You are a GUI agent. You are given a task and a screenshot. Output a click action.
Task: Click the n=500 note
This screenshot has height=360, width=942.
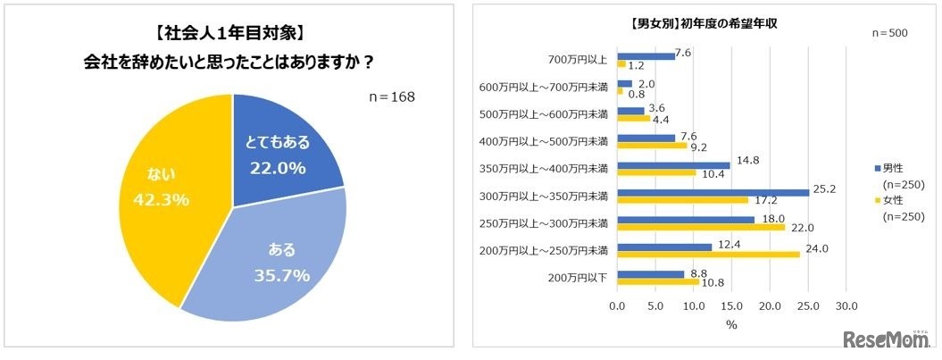point(888,33)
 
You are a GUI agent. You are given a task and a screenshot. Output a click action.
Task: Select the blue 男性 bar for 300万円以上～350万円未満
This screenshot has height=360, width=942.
point(713,192)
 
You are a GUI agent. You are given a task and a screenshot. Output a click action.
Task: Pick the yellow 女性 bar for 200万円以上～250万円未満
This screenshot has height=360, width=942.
point(708,254)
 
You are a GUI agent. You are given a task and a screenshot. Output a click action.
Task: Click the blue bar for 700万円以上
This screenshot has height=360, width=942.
point(646,56)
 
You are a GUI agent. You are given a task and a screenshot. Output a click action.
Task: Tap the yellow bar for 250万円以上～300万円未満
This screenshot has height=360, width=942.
point(700,227)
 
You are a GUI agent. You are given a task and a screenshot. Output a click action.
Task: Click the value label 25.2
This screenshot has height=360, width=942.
point(823,190)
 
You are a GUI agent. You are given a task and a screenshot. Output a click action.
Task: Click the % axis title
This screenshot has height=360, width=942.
point(731,325)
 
